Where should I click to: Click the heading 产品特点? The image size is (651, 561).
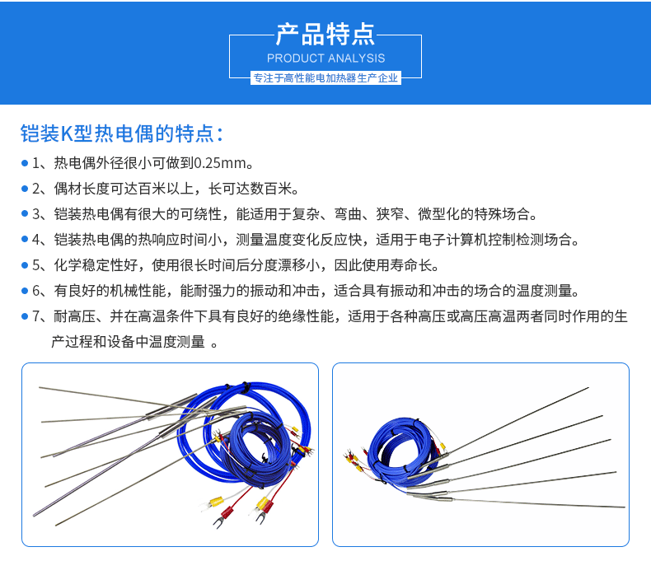[x=325, y=34]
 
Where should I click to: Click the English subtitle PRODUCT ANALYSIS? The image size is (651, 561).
[x=326, y=58]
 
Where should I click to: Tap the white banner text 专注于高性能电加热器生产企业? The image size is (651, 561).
[x=325, y=78]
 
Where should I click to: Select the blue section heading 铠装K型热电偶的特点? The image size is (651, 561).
[x=122, y=133]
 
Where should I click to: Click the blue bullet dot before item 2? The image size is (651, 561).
[x=25, y=189]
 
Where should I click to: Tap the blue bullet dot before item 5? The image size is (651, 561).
[x=25, y=265]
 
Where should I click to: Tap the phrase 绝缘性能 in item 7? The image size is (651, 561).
[x=306, y=316]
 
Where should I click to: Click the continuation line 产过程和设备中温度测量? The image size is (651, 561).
[x=128, y=342]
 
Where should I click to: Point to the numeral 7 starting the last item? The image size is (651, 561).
[x=36, y=316]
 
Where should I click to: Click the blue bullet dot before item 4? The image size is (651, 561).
[x=25, y=240]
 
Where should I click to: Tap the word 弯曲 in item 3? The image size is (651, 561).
[x=348, y=214]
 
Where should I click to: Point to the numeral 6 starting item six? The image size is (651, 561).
[x=36, y=291]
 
